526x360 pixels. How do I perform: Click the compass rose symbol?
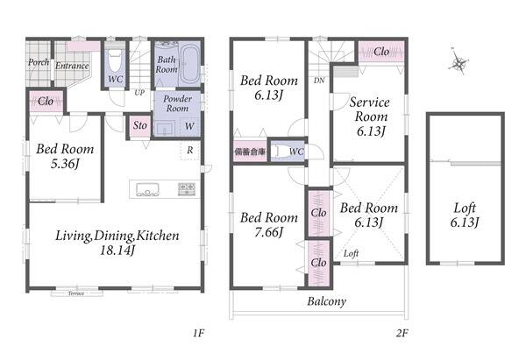[458, 62]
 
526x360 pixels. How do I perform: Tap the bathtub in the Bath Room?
[189, 64]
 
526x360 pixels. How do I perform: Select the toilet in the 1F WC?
[115, 60]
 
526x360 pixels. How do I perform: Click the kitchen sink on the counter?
[147, 189]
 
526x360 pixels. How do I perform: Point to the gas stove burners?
[187, 188]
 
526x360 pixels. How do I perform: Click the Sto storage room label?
[140, 125]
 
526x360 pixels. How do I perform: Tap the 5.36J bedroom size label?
[65, 164]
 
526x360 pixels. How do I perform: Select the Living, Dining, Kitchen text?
[117, 236]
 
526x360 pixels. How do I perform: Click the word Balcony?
[326, 301]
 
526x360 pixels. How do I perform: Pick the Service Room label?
[370, 109]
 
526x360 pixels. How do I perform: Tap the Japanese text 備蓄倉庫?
[250, 152]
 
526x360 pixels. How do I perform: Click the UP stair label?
[139, 93]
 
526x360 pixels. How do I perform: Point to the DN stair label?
[319, 81]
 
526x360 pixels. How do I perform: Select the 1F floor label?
[198, 333]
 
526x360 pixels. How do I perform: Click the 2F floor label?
[402, 333]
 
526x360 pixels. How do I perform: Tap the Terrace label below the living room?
[76, 293]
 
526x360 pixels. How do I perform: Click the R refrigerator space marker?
[190, 150]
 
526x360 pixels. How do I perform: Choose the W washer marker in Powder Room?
[189, 126]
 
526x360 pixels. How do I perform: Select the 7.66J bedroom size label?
[269, 232]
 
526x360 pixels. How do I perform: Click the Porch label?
[39, 62]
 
